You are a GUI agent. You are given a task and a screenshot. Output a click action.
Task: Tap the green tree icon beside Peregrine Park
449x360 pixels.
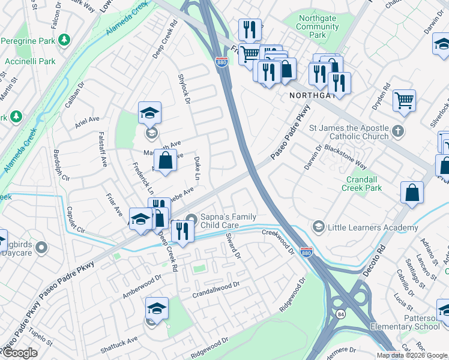coord(64,40)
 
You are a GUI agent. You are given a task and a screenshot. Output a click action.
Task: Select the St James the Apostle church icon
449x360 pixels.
coord(397,130)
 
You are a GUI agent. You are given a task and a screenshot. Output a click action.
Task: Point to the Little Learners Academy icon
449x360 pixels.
coord(318,227)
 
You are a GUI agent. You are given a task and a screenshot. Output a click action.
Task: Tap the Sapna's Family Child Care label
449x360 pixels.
coord(229,221)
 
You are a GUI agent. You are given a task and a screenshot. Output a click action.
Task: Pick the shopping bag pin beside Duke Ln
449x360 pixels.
coord(165,160)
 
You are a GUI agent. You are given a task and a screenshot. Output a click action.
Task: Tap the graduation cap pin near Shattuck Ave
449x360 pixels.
coord(157,308)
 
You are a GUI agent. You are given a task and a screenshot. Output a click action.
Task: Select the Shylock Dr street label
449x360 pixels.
coord(184,89)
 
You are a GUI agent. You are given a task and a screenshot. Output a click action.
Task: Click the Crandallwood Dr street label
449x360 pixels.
coord(216,290)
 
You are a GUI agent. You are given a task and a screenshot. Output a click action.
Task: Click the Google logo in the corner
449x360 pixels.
coord(20,353)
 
